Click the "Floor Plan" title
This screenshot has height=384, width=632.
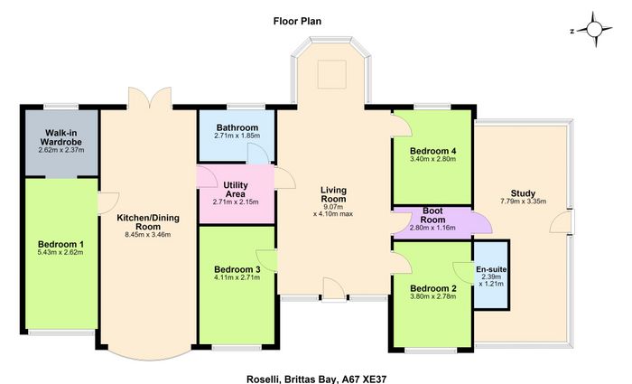click(x=297, y=21)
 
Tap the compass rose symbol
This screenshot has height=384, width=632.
click(x=594, y=30)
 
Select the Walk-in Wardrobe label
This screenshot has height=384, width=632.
click(x=61, y=137)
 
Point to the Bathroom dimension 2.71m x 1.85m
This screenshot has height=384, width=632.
click(x=237, y=136)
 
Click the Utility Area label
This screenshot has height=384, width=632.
click(x=236, y=190)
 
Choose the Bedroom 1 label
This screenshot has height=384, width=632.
click(x=60, y=245)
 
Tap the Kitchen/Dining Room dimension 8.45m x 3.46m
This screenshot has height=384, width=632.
click(x=148, y=235)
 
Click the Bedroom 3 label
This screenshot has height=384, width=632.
click(x=237, y=269)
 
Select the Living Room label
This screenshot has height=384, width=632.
click(x=333, y=194)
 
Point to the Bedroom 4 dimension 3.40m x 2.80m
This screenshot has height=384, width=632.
click(x=432, y=159)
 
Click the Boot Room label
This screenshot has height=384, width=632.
click(x=432, y=215)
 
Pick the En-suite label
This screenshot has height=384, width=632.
click(x=491, y=269)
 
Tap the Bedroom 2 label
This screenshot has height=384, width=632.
click(x=433, y=289)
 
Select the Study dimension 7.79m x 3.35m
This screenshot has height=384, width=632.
click(x=523, y=201)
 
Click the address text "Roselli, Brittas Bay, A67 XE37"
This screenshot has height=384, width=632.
click(x=316, y=379)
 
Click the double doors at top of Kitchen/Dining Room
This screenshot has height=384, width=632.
click(x=150, y=98)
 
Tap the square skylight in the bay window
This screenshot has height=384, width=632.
click(x=331, y=74)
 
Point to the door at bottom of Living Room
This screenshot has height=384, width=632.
click(x=334, y=289)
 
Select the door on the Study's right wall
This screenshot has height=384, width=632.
click(x=562, y=221)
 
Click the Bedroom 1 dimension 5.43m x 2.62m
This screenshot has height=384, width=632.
click(x=60, y=252)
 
